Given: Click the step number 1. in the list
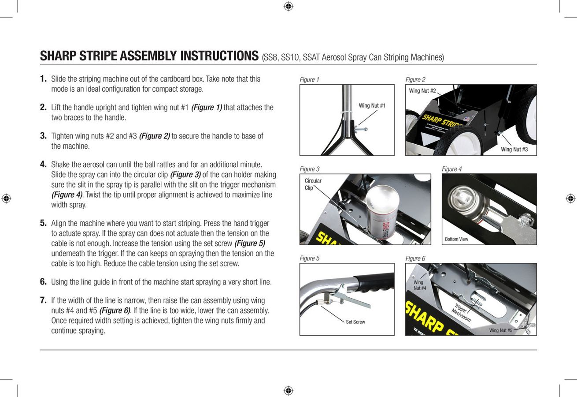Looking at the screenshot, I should [x=43, y=79].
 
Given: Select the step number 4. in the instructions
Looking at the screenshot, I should [x=43, y=165].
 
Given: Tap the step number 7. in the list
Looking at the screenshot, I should [x=43, y=300].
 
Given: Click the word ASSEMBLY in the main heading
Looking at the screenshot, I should [x=149, y=56].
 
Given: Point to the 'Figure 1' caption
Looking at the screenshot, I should [x=309, y=80].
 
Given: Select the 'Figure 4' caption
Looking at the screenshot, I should [x=451, y=169].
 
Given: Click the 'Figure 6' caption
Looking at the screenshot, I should [x=415, y=258].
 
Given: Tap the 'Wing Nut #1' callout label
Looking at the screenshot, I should [x=372, y=105].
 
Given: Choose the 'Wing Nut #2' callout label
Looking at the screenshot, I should [x=422, y=91].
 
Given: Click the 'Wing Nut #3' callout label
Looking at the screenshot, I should [x=514, y=150].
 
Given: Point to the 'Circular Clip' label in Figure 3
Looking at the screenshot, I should [x=313, y=184].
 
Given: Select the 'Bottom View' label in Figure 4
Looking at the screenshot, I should [x=456, y=239].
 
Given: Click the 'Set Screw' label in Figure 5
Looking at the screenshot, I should [x=355, y=322].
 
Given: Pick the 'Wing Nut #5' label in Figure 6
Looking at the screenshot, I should [x=501, y=330].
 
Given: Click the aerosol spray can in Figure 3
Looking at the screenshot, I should [x=381, y=212].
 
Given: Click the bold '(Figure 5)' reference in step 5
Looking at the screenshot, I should [x=249, y=243].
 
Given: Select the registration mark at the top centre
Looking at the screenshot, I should [x=288, y=6].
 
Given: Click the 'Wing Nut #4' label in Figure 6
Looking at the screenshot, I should [x=419, y=285].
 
